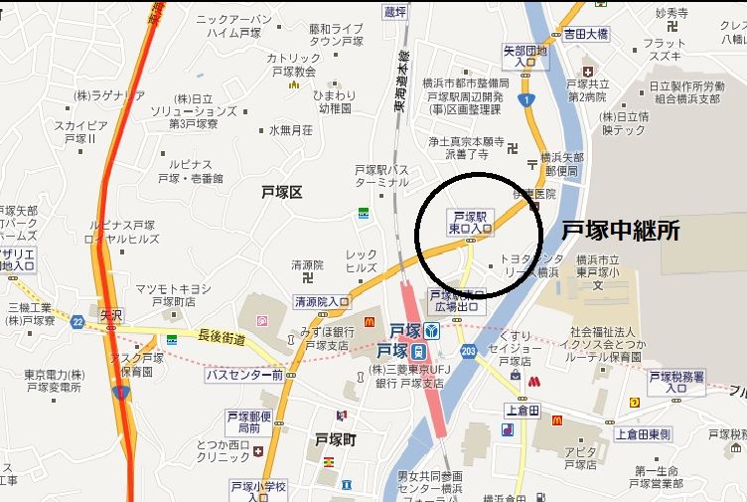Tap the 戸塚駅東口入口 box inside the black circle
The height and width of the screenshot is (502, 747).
[x=471, y=222]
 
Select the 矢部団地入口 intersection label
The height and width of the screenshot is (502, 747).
[x=525, y=56]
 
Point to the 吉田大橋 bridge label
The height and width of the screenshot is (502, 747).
[x=586, y=33]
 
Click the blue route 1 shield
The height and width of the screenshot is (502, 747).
[x=526, y=99]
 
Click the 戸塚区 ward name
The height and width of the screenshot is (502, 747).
[x=281, y=192]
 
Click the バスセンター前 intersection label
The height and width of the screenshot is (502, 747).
[x=244, y=375]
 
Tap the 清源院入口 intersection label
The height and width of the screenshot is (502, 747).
[x=322, y=301]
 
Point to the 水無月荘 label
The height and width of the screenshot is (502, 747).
[x=290, y=130]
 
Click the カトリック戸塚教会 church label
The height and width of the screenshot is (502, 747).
[x=293, y=65]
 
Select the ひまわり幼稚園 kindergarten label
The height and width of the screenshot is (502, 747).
[x=335, y=101]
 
